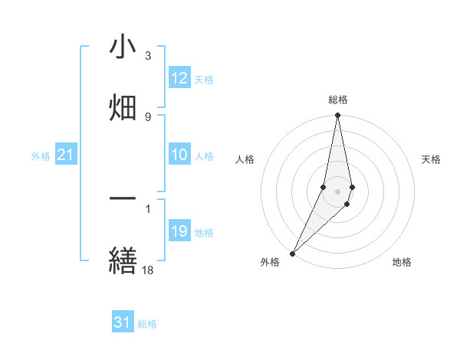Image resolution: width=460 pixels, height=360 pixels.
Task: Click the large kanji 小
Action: (x=123, y=48)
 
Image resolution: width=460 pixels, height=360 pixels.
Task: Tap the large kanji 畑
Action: (x=123, y=108)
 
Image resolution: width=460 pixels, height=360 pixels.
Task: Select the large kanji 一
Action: (x=123, y=198)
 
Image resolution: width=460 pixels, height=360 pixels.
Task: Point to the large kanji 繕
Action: (x=123, y=260)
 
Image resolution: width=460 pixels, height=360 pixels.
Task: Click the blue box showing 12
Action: (x=179, y=78)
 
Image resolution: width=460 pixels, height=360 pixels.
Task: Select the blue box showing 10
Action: (x=179, y=155)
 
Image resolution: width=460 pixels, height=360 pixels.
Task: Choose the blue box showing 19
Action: (x=179, y=231)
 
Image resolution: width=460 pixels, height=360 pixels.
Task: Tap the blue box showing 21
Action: (x=66, y=155)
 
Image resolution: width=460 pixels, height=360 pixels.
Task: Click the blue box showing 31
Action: (x=123, y=322)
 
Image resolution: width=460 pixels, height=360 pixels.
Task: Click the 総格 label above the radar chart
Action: (x=338, y=100)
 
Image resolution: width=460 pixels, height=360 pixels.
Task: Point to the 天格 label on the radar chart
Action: (x=432, y=159)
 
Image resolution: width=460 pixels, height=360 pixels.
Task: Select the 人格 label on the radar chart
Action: (x=245, y=159)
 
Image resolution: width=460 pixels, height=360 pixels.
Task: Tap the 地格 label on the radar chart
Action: (x=402, y=262)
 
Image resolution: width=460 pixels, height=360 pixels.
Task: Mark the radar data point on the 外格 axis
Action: (x=292, y=252)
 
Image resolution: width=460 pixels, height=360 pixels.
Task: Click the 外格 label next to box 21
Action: (x=41, y=156)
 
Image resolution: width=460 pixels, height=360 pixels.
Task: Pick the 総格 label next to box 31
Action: (x=147, y=324)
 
